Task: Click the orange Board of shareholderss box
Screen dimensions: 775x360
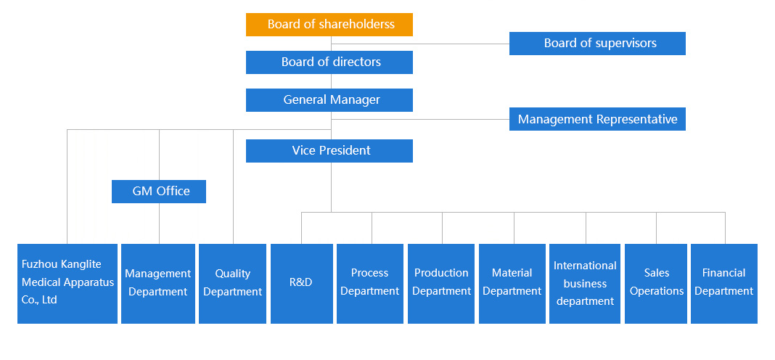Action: tap(329, 25)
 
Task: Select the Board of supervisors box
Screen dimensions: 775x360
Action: tap(597, 44)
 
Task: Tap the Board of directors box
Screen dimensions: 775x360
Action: tap(329, 62)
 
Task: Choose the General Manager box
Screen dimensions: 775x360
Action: tap(329, 100)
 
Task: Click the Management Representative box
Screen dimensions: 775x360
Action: tap(597, 119)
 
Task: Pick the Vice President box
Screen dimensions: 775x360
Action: tap(329, 151)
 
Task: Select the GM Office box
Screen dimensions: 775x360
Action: tap(159, 192)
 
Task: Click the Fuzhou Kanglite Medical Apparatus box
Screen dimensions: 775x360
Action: tap(67, 284)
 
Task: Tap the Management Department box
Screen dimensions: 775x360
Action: tap(158, 284)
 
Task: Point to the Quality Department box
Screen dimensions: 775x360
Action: tap(232, 284)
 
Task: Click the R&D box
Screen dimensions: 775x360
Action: tap(301, 284)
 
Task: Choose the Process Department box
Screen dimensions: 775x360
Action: tap(369, 284)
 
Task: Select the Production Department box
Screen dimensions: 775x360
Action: tap(441, 284)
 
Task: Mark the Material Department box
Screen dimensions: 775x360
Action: tap(512, 284)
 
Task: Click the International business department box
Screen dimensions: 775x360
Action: tap(585, 284)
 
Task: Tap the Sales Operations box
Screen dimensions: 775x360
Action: tap(656, 284)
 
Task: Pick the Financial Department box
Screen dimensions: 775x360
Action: tap(724, 284)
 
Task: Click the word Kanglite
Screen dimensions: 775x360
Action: tap(81, 265)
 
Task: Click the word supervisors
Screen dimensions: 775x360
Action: tap(626, 44)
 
